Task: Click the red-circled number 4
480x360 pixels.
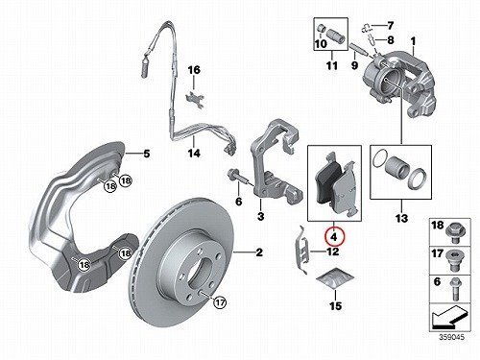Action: point(334,237)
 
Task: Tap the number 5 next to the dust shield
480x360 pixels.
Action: point(147,154)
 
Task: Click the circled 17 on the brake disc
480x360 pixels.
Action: point(220,302)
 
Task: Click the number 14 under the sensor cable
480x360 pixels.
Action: point(194,153)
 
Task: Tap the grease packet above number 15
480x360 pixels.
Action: point(335,278)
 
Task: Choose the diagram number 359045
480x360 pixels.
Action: point(451,337)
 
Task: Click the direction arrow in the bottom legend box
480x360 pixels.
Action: point(449,317)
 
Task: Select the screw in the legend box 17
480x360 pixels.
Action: point(455,260)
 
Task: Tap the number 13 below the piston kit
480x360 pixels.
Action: point(401,218)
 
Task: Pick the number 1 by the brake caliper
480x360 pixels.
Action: point(413,41)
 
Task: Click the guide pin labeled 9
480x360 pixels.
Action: point(357,49)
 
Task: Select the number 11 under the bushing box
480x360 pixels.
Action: point(332,65)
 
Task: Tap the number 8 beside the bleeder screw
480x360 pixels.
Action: point(391,40)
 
